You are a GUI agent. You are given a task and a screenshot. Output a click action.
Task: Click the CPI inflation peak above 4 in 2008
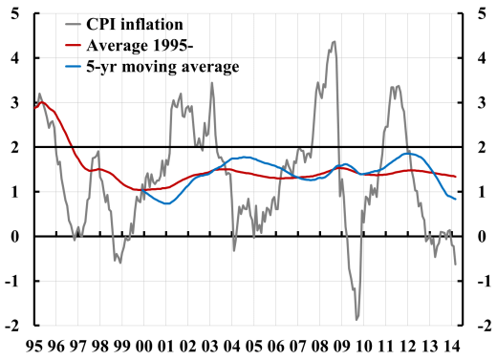point(333,42)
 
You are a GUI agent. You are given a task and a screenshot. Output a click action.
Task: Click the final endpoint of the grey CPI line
point(455,264)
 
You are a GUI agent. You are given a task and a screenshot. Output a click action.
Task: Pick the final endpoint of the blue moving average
point(455,199)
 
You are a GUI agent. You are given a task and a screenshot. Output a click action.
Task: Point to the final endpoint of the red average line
point(455,177)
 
